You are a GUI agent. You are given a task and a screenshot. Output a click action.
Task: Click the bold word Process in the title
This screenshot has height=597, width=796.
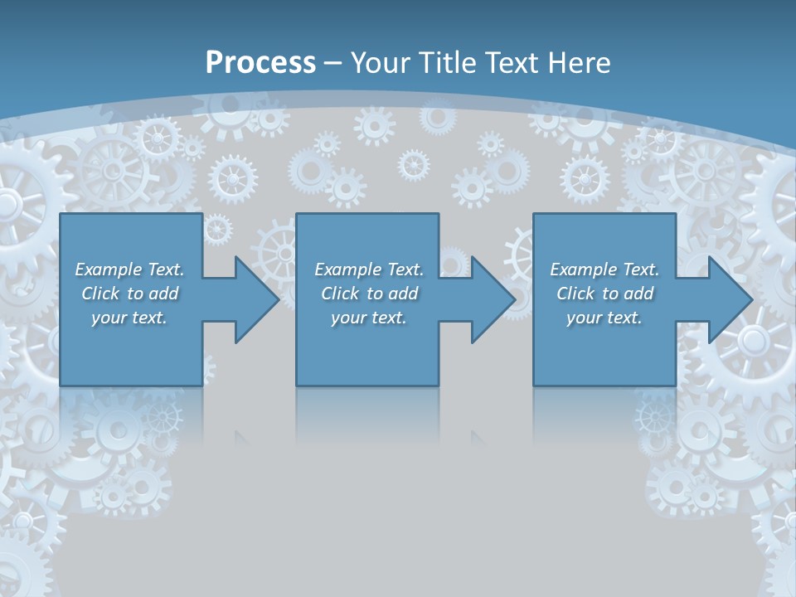(x=260, y=63)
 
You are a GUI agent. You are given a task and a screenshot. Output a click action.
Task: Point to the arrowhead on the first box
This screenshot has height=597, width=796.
(x=254, y=299)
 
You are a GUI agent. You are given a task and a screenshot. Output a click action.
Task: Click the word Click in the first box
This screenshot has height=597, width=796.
(x=100, y=294)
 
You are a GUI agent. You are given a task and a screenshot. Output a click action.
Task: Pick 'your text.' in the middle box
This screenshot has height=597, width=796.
(x=368, y=318)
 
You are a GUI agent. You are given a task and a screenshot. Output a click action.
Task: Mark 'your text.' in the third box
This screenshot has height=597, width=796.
(x=604, y=318)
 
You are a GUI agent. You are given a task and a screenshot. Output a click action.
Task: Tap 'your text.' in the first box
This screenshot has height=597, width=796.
(x=129, y=318)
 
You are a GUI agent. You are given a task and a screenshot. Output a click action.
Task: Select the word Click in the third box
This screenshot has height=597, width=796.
(x=575, y=294)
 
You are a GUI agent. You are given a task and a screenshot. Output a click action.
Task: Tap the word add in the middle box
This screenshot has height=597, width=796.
(x=403, y=294)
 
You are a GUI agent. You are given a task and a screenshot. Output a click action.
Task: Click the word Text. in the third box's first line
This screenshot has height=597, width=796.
(x=640, y=269)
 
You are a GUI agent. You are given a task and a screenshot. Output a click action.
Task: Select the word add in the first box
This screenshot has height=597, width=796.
(x=163, y=294)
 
